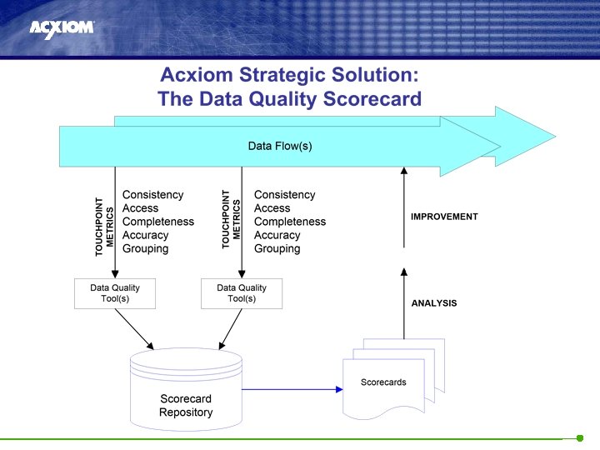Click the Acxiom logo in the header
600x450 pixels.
[62, 27]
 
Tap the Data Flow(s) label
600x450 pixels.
[280, 146]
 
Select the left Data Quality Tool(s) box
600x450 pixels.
[115, 293]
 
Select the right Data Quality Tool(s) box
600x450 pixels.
[242, 293]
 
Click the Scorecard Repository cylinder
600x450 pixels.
[186, 387]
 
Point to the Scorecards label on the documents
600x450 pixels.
[383, 382]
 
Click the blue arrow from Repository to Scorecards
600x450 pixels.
[292, 389]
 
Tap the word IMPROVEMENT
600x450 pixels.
[444, 217]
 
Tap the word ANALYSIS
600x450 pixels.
[434, 303]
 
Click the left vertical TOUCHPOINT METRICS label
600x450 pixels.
[104, 226]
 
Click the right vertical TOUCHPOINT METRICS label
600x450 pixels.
[231, 219]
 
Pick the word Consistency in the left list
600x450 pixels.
[152, 195]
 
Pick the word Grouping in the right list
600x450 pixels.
[277, 248]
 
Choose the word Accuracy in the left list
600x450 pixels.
[145, 235]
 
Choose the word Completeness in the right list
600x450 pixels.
[289, 222]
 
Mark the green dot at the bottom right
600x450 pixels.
[580, 438]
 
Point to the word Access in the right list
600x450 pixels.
[272, 208]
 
